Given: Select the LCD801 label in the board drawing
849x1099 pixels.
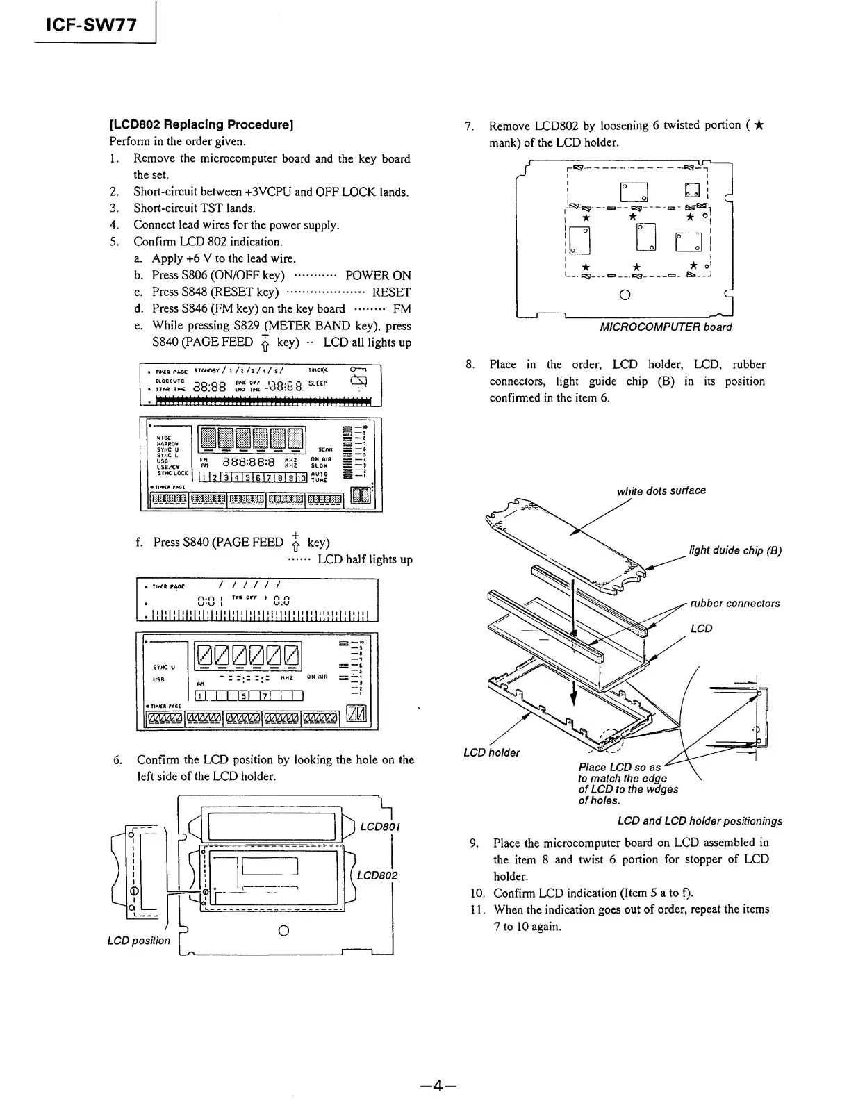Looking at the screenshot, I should (380, 827).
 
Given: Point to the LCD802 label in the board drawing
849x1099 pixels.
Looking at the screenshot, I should (377, 875).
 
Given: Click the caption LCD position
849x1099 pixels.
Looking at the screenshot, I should (138, 941).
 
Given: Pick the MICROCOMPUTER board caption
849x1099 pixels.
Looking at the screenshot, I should (666, 327).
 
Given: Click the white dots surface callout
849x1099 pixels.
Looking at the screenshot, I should (661, 490).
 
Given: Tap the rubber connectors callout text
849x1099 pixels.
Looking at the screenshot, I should (735, 603).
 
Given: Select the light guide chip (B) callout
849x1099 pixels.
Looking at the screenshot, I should (735, 551).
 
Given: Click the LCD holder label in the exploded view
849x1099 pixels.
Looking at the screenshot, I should (491, 752).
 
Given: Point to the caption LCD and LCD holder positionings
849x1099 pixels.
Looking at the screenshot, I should (700, 820).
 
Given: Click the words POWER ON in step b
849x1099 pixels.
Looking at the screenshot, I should (378, 275).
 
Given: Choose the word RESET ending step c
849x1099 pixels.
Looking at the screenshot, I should (391, 292).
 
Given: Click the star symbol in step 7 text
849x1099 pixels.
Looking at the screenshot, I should (759, 126).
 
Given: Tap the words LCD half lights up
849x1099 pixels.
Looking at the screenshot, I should (365, 559).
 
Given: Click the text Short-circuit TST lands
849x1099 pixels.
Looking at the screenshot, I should (195, 208).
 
